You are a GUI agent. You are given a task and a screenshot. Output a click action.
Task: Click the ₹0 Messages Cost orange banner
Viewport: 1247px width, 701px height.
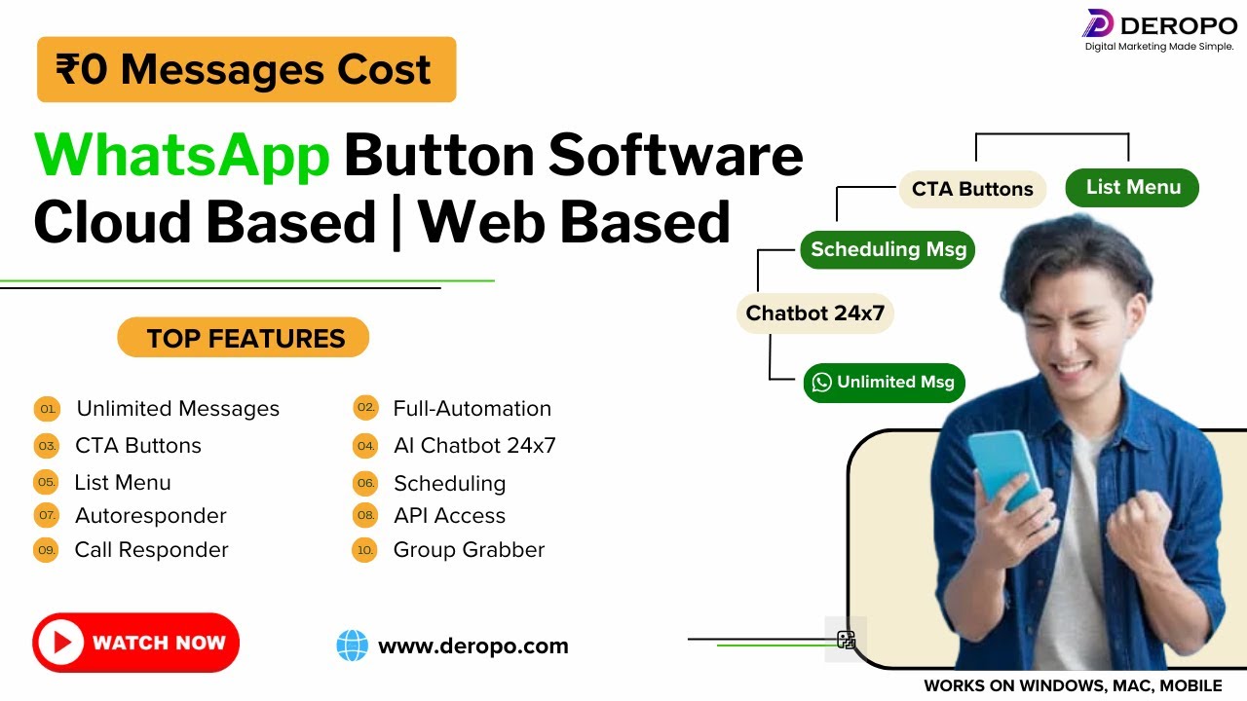(246, 69)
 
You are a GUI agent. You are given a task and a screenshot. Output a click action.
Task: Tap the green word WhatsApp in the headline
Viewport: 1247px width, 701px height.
(182, 154)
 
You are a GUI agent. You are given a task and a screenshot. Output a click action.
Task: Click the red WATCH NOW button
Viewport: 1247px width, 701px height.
(135, 643)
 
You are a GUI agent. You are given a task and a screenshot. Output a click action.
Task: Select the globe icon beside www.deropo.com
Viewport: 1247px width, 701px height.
(352, 646)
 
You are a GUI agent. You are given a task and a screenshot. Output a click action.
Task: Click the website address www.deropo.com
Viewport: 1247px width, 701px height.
(472, 646)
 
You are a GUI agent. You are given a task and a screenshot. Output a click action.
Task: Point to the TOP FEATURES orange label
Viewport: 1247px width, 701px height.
(244, 338)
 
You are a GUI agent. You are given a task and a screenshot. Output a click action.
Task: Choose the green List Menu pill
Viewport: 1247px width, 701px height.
(1132, 187)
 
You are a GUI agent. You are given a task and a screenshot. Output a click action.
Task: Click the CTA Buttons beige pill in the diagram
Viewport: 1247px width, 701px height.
(971, 189)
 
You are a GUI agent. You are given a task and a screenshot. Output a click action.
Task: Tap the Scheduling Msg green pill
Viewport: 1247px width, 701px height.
(888, 249)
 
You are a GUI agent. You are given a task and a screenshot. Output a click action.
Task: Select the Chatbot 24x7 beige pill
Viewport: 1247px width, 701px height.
(814, 314)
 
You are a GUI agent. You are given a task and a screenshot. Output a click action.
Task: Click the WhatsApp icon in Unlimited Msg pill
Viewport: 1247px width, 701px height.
(822, 383)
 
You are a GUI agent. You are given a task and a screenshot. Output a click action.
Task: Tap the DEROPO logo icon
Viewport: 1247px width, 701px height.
(1097, 23)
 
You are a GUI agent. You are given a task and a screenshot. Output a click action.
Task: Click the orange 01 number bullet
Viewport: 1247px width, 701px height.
(47, 409)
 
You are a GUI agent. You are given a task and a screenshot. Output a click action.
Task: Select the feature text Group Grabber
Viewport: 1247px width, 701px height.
(469, 550)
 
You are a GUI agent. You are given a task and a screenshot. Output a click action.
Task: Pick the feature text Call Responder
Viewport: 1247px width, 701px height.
(151, 550)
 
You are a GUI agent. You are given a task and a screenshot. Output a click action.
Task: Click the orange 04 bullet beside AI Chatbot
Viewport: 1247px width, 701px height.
(365, 446)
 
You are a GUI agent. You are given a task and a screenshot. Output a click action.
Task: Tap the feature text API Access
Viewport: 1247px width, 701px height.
(449, 516)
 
